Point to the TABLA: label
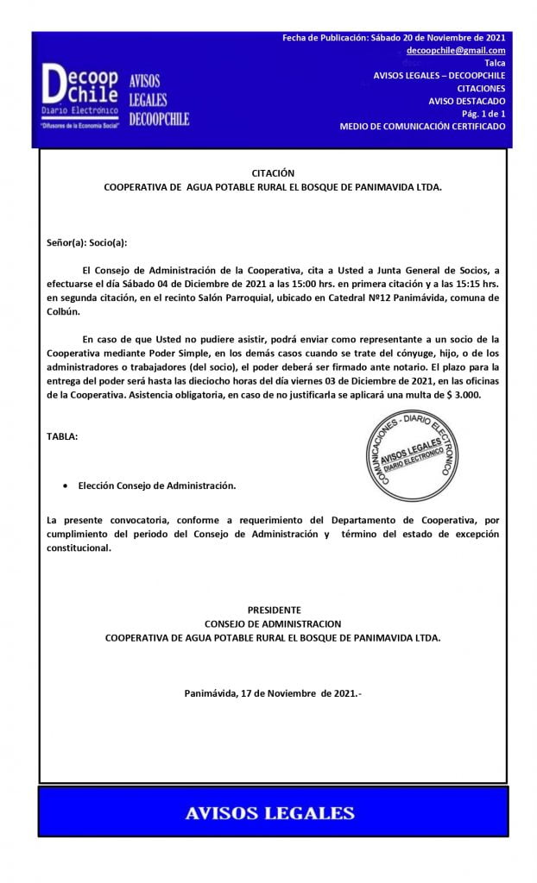[62, 437]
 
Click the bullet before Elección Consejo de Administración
[66, 486]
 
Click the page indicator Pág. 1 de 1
[483, 113]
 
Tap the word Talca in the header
[495, 64]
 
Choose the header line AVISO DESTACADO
[466, 101]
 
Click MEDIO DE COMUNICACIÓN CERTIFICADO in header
[422, 126]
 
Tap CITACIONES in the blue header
[481, 88]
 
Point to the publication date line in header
[394, 38]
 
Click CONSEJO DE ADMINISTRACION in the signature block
[273, 623]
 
